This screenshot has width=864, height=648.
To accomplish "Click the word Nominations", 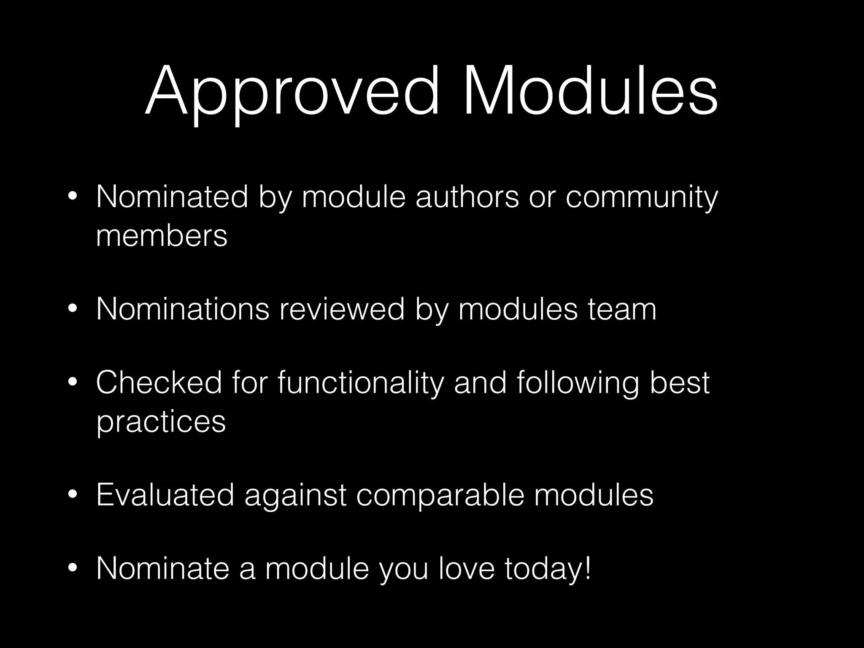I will tap(183, 309).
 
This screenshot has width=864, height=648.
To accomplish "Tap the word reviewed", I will tap(342, 309).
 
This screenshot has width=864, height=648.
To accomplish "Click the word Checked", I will tap(159, 382).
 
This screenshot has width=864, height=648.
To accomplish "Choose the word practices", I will tap(161, 422).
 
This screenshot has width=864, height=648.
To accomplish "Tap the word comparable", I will tap(440, 495).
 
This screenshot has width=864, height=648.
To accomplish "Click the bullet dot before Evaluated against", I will tap(73, 495).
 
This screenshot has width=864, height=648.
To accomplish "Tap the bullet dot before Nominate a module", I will tap(73, 569).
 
